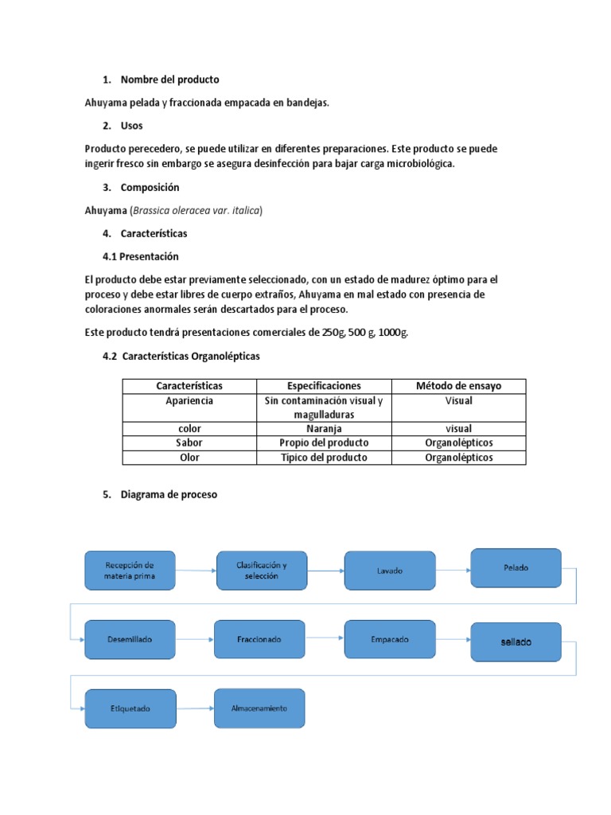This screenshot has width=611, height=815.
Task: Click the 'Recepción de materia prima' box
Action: [x=130, y=570]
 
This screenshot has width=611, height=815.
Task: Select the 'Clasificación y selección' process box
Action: [x=261, y=570]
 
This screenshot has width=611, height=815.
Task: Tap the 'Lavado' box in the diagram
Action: [x=390, y=571]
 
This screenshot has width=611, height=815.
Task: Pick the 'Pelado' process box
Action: [x=516, y=567]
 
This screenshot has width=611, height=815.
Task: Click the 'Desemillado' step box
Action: [x=130, y=639]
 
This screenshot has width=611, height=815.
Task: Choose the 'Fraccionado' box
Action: [x=259, y=639]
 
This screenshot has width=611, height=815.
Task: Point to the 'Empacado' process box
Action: [x=390, y=639]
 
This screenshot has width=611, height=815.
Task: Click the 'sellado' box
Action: [x=516, y=641]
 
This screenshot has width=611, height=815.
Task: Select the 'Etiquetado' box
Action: [x=130, y=708]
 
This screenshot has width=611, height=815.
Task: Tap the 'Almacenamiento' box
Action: [x=259, y=708]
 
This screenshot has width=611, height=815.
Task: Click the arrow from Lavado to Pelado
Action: [x=453, y=570]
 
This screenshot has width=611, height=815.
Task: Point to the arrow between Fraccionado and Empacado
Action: [x=324, y=639]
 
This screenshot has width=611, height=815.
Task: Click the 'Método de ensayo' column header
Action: [x=459, y=386]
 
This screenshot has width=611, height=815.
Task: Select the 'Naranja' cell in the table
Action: [x=325, y=428]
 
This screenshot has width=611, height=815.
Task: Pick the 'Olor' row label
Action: [x=189, y=458]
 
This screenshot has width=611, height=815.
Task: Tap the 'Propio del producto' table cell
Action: [x=325, y=443]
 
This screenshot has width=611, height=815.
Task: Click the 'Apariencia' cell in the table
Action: [x=189, y=401]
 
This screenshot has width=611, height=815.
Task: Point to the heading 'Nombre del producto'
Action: [x=169, y=80]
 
